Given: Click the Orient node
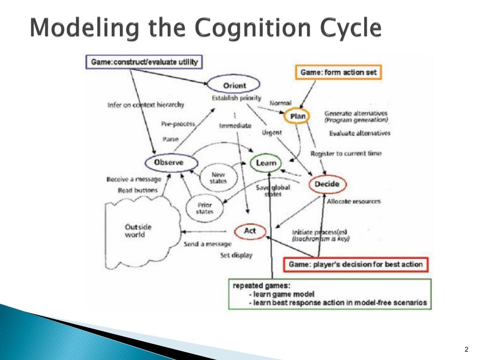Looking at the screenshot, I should tap(234, 85).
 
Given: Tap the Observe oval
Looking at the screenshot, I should tap(169, 162).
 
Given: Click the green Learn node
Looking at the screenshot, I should tap(266, 163).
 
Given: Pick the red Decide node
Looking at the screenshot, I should tap(327, 184).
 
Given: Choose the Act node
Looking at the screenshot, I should tap(250, 231).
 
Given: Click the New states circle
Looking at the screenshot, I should tap(218, 178).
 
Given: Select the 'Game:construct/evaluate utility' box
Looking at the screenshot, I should tap(144, 62).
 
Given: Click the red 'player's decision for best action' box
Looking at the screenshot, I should tap(355, 264).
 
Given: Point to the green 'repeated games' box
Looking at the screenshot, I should tap(330, 294).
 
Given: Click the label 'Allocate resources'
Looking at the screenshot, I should tap(353, 201).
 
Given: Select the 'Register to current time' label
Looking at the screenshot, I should tap(346, 153).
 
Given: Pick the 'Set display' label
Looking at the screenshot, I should tap(236, 255).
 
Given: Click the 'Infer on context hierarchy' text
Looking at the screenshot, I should tap(146, 105).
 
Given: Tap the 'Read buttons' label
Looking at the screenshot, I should tap(138, 190).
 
